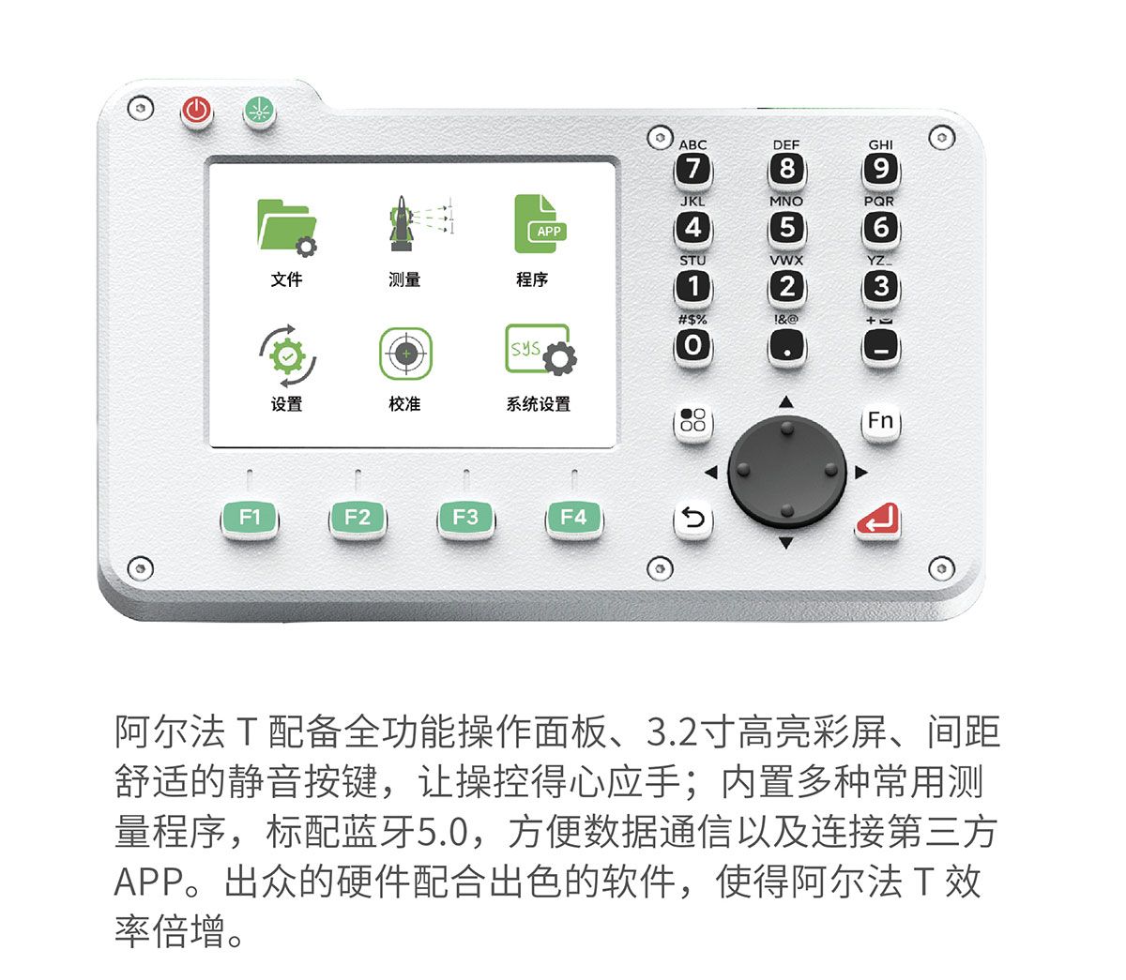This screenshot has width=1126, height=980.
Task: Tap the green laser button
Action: point(260,112)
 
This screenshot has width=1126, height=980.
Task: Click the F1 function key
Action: point(250,518)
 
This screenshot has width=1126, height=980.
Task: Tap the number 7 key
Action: point(693,169)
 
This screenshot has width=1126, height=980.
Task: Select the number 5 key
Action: point(787,228)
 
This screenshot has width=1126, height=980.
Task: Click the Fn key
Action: point(880,422)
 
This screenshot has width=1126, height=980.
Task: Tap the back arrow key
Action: point(693,519)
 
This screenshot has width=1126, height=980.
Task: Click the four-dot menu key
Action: point(693,422)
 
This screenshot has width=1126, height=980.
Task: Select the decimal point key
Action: point(787,347)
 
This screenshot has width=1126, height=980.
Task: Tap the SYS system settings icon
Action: point(540,350)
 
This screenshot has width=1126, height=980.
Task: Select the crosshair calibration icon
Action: point(405,353)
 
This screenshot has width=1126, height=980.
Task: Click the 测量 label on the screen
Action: point(404,279)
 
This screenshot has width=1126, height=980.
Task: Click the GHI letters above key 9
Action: point(880,144)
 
